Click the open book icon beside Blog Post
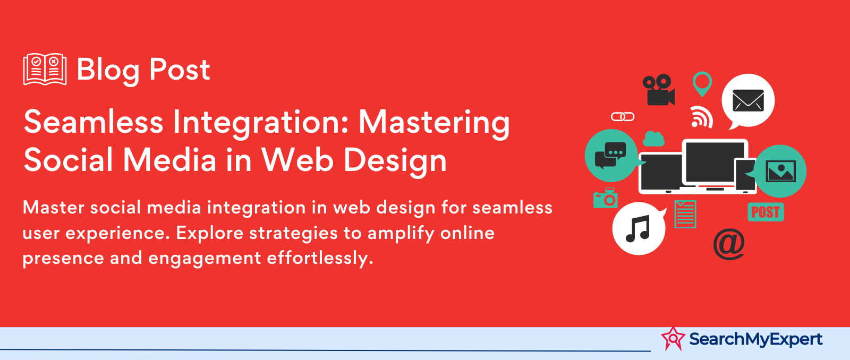click(x=45, y=69)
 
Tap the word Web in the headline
click(x=299, y=160)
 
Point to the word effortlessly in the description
click(x=320, y=259)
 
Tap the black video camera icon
click(x=658, y=90)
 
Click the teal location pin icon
click(x=702, y=83)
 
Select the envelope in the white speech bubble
click(x=748, y=100)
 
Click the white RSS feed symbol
click(x=702, y=117)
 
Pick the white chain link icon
click(x=622, y=117)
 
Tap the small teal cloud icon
click(x=653, y=139)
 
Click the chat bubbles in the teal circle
click(x=610, y=155)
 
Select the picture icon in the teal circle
click(x=780, y=171)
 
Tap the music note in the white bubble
click(x=638, y=229)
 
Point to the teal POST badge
click(x=766, y=212)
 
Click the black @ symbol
click(x=728, y=244)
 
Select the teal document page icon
click(x=685, y=215)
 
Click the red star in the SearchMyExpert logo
click(x=673, y=338)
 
